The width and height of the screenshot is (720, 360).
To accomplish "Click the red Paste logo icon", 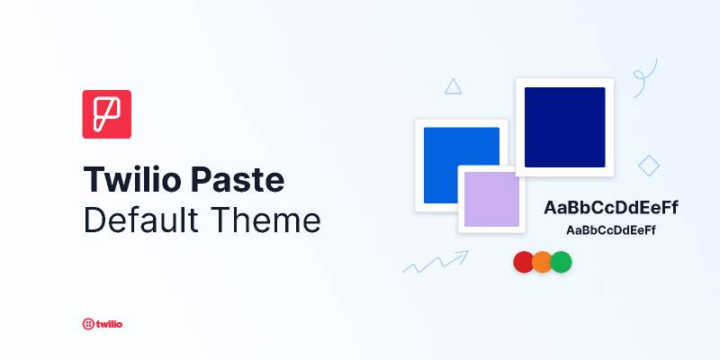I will click(107, 114).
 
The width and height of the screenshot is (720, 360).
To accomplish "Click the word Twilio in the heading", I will click(132, 180).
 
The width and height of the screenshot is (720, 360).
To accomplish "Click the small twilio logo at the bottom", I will click(102, 323).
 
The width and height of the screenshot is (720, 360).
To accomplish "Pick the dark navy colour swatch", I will click(564, 127).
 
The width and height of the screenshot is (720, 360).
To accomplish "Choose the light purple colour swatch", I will click(491, 199).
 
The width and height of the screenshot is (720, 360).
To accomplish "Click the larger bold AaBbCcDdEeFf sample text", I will click(610, 208).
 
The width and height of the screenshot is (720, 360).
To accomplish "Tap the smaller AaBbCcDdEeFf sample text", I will click(610, 230).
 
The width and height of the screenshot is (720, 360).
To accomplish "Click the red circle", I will click(524, 262).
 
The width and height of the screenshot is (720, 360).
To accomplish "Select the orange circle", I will click(542, 262).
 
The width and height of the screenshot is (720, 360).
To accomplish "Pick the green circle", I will click(562, 262).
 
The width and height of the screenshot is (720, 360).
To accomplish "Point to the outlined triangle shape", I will click(454, 87).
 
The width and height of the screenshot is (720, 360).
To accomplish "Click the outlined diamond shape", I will click(648, 166).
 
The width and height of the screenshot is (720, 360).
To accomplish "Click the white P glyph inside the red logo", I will click(107, 114).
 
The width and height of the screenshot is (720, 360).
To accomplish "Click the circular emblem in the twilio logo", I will click(87, 323).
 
